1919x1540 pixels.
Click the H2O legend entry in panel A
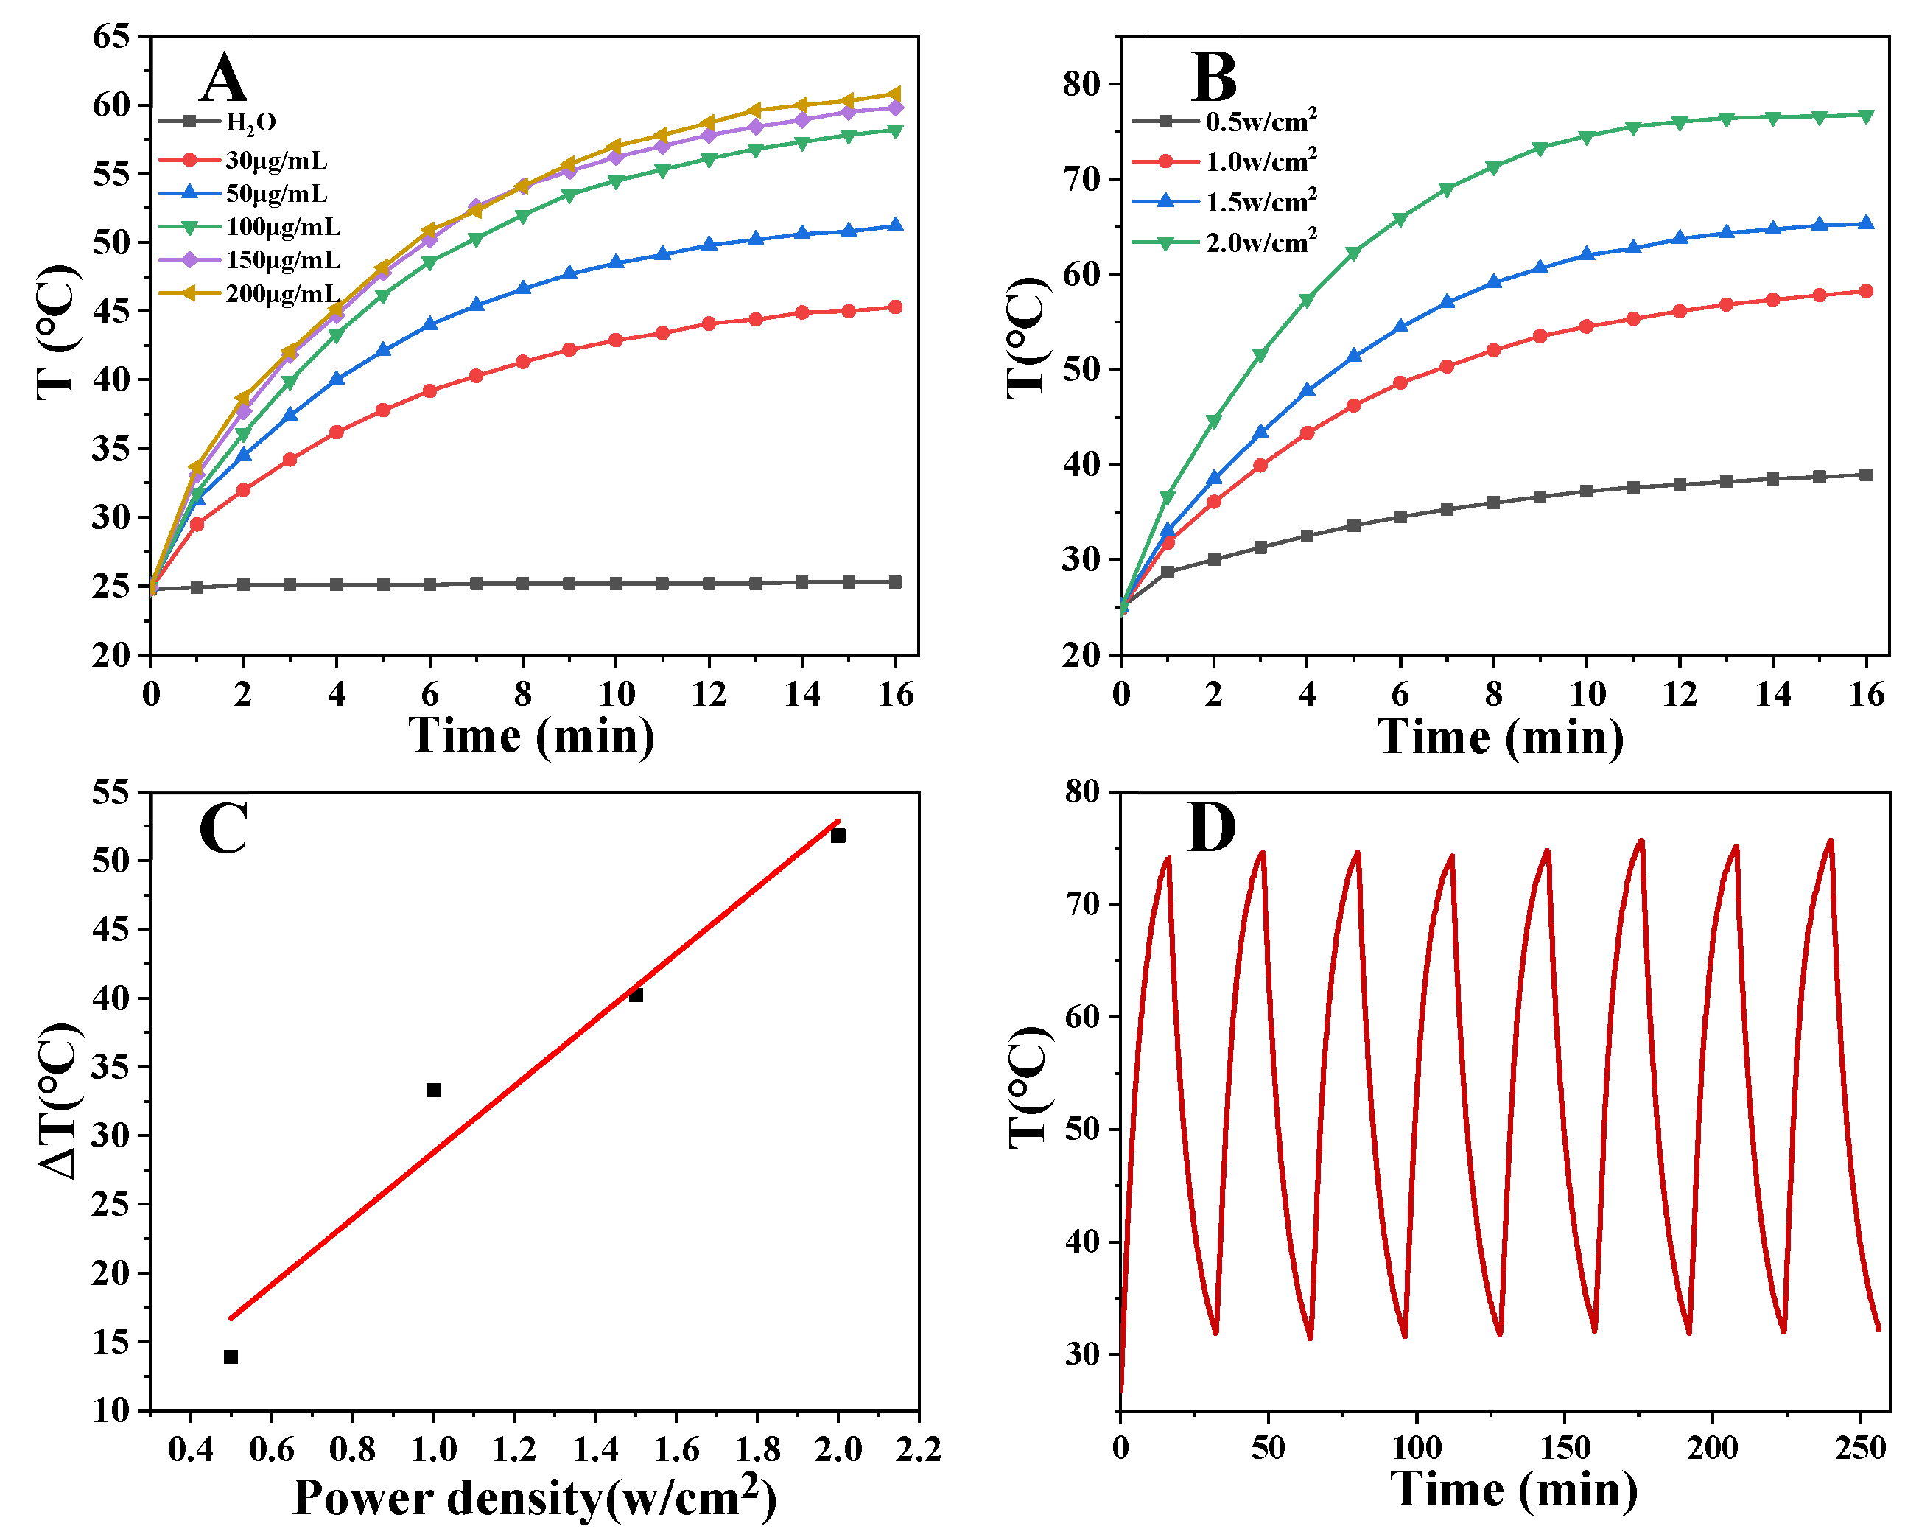250,122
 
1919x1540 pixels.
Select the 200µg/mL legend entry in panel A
282,294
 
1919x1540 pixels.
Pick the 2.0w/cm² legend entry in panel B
1260,242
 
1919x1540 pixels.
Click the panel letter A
222,78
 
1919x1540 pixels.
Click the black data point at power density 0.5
231,1357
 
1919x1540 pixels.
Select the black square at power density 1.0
433,1090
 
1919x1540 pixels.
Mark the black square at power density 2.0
838,835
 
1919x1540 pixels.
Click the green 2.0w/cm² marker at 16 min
1867,116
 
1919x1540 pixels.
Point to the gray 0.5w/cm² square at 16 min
1867,475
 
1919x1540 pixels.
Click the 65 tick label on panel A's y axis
111,37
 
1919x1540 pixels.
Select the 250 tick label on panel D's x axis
1860,1449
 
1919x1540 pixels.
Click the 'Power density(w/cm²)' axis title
534,1498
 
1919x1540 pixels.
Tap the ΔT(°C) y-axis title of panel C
60,1101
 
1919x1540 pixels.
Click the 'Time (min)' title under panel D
1514,1490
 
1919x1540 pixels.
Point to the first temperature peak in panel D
1168,858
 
